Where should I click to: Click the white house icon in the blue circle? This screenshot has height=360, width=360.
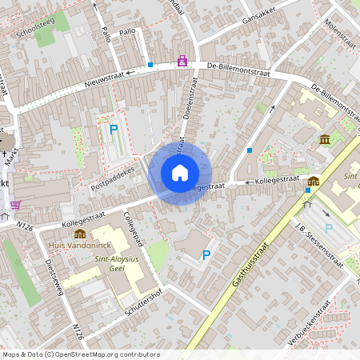point(180,172)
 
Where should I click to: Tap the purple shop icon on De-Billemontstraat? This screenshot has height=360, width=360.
point(183,61)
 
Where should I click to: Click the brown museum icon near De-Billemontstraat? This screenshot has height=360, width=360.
point(325,140)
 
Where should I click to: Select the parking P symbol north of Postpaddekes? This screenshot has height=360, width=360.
point(114,128)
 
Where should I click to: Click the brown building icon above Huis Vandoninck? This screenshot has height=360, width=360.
point(80,234)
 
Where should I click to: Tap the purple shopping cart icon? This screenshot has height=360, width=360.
point(16,205)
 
